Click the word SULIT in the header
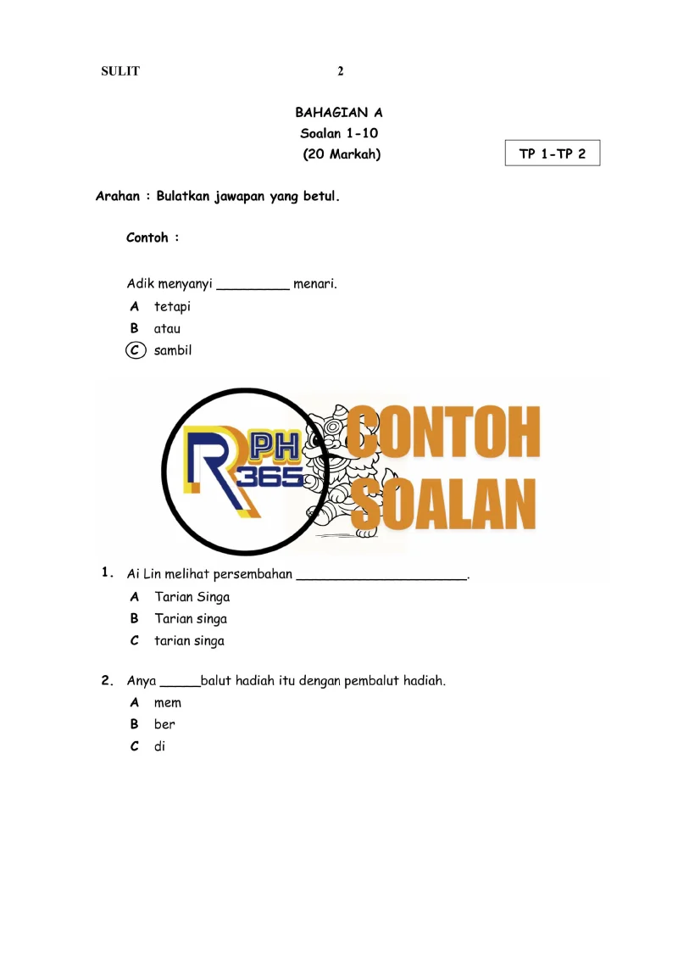120,71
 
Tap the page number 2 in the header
341,71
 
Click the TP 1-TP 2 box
553,153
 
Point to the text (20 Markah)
342,154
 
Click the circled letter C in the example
135,350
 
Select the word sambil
173,350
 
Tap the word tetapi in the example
172,306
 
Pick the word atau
167,328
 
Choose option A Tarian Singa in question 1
192,597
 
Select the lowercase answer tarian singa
189,641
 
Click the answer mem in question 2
168,703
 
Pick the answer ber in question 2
164,725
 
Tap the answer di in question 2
159,747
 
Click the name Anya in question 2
142,681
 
